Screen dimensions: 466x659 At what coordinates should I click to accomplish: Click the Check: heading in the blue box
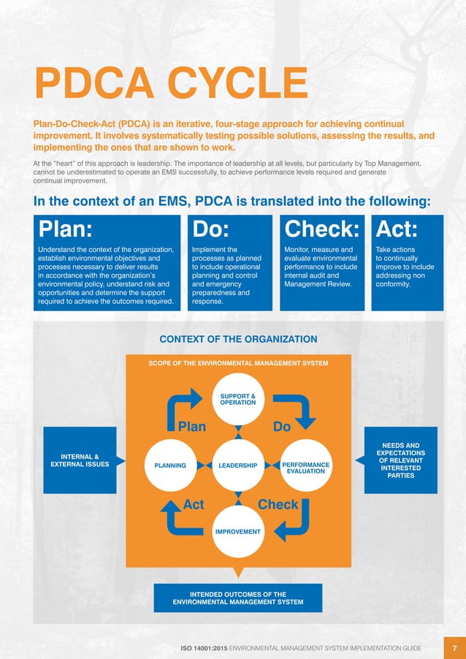pos(322,230)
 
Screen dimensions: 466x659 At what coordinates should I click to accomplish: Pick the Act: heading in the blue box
pos(397,230)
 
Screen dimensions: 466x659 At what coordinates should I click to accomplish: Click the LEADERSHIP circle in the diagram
pos(237,465)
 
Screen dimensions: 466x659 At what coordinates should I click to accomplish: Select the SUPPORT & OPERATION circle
pos(237,399)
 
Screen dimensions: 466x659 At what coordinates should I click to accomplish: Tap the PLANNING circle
pos(170,465)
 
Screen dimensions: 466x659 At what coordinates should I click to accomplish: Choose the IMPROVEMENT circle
pos(237,531)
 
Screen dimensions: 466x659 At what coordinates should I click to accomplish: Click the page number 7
pos(454,648)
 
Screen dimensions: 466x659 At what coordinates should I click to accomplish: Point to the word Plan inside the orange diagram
pos(192,427)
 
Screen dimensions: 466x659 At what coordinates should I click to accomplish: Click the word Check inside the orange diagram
pos(278,504)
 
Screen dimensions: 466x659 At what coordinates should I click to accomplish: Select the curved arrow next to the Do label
pos(299,410)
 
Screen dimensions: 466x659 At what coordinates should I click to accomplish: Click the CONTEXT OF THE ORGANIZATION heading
pos(238,339)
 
